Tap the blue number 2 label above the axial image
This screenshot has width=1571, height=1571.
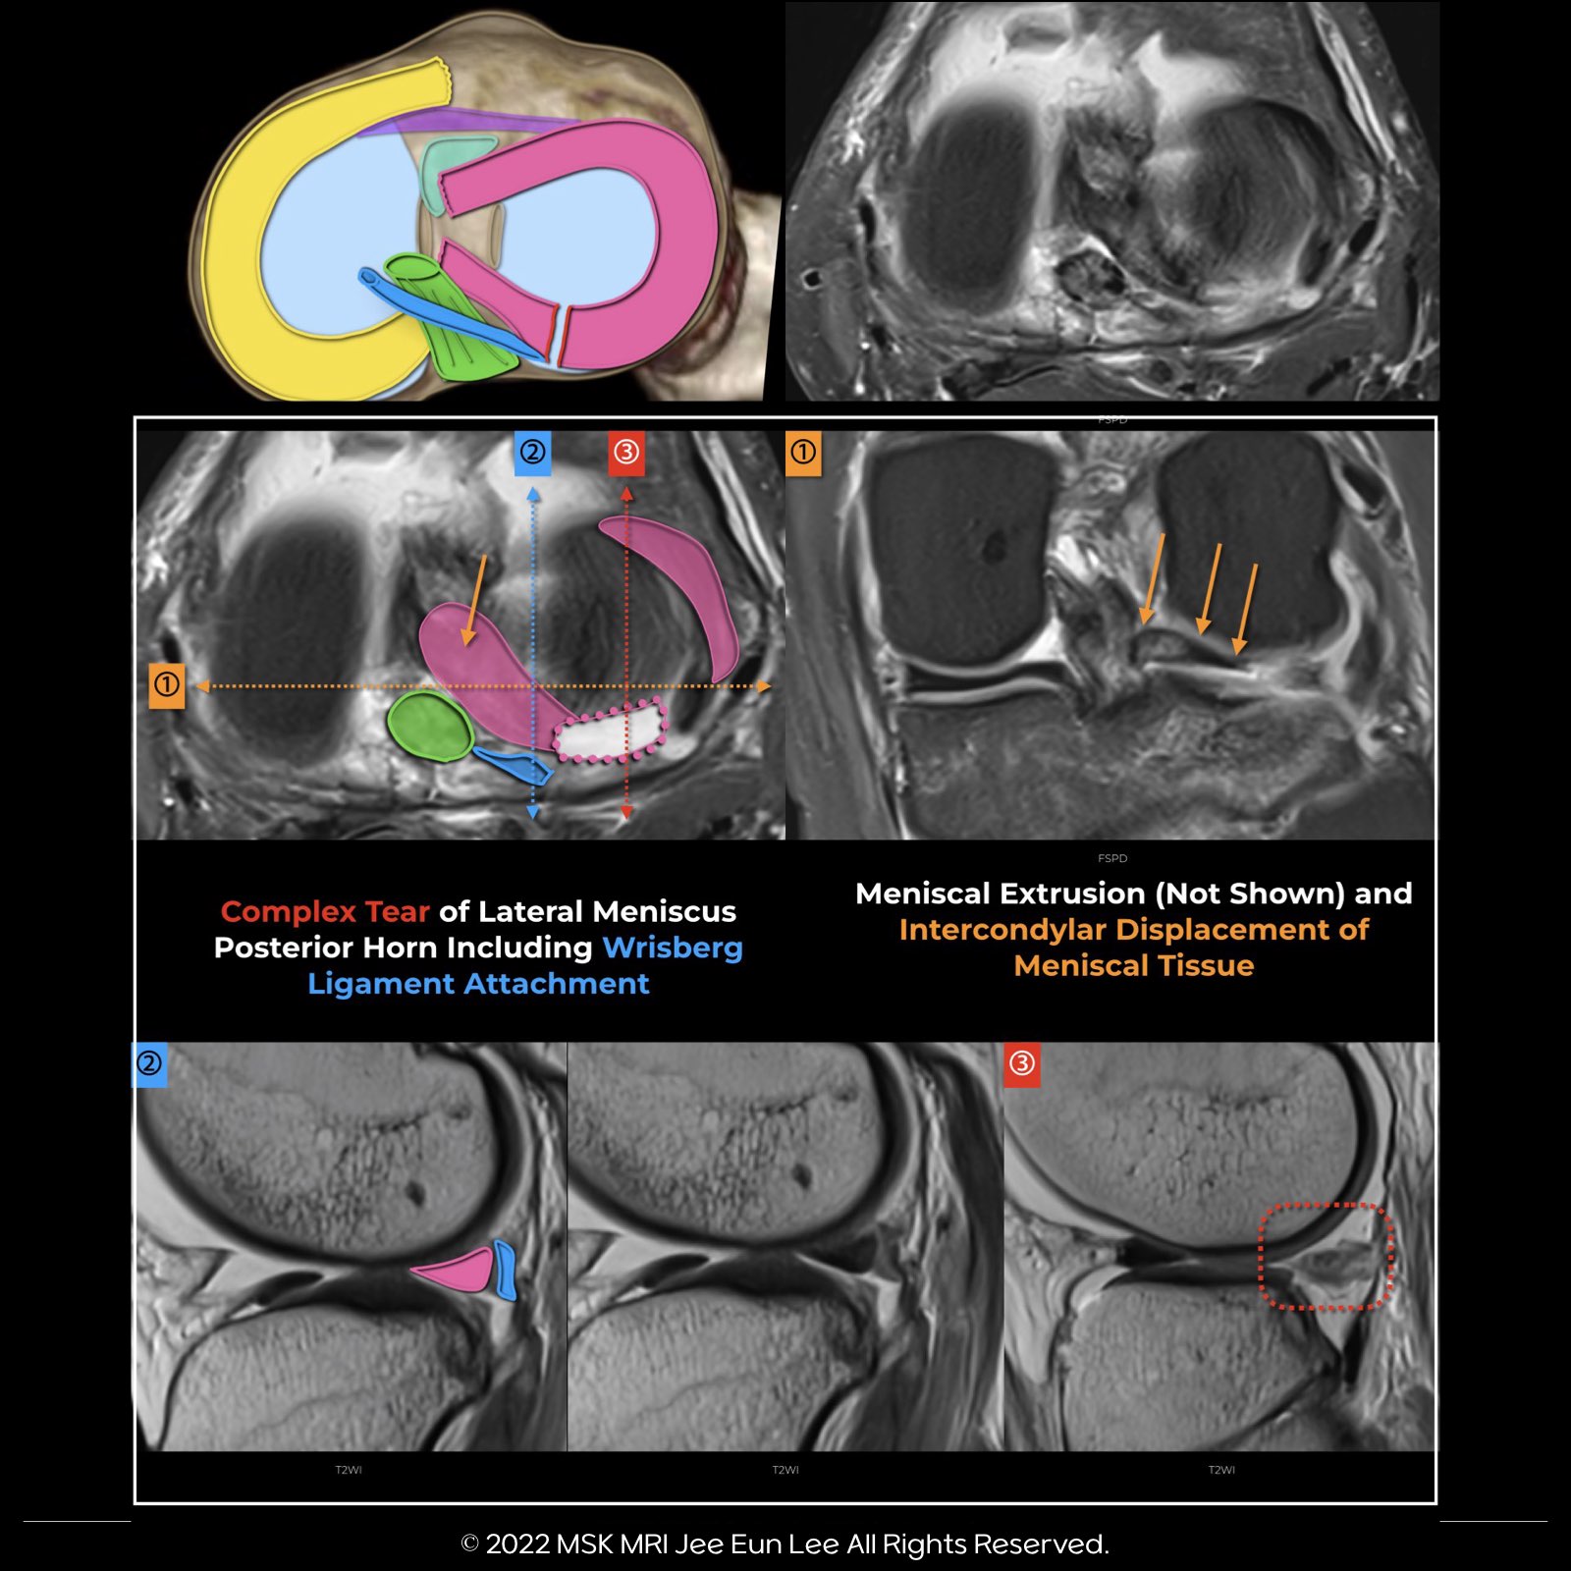click(532, 453)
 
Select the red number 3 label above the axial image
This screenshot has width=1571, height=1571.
click(626, 453)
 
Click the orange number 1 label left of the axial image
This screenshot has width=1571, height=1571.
click(167, 684)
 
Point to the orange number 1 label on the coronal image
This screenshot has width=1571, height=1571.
click(803, 453)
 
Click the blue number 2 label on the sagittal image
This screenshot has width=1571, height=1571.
click(149, 1064)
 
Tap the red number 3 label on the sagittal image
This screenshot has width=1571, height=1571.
click(1022, 1064)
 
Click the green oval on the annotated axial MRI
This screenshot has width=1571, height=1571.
click(430, 726)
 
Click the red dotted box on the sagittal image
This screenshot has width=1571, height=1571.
click(1326, 1257)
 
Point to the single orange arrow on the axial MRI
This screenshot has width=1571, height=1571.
click(474, 600)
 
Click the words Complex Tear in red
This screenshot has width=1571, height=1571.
click(325, 912)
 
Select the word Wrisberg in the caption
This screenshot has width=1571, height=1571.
click(673, 948)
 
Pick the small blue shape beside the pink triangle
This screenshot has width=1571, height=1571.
click(506, 1270)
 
